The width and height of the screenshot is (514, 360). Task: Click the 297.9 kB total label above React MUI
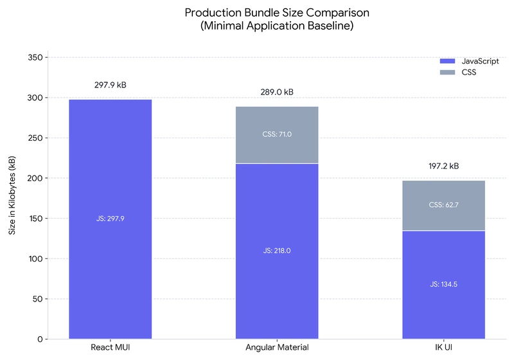pos(110,84)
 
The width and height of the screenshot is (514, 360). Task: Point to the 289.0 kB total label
pos(277,92)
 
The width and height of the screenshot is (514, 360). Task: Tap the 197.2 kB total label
pos(443,166)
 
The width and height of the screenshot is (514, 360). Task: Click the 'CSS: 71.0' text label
pos(277,134)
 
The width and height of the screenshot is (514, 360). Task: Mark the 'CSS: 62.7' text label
pos(443,205)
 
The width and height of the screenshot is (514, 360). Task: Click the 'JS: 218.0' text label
pos(277,251)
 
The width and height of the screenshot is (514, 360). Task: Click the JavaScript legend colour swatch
pos(447,61)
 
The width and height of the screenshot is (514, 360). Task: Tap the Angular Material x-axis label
pos(277,348)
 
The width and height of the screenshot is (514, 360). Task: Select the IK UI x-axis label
pos(443,348)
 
